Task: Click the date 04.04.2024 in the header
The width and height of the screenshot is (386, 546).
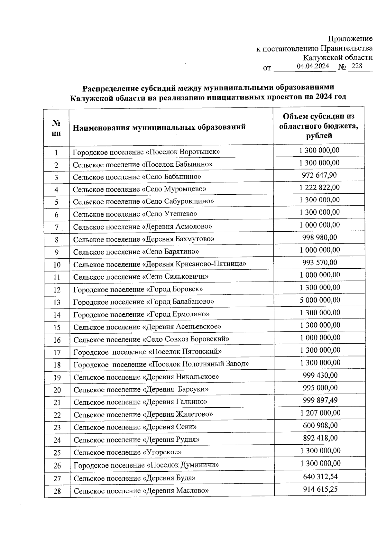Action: click(x=313, y=66)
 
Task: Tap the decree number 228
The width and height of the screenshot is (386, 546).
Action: click(x=357, y=66)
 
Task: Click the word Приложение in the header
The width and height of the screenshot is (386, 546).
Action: click(x=350, y=39)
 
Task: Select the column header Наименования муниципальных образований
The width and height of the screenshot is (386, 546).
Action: click(x=159, y=127)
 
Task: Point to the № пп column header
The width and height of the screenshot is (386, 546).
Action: click(x=56, y=128)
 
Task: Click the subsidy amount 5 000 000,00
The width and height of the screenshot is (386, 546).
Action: click(x=320, y=300)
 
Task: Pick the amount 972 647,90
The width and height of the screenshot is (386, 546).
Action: click(x=319, y=175)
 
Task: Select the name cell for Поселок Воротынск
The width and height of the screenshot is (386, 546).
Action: click(x=146, y=152)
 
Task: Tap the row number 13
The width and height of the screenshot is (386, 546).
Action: click(x=57, y=302)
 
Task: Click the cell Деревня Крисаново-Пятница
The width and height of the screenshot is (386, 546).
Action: click(x=160, y=264)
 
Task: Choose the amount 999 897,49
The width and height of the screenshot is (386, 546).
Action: click(x=320, y=401)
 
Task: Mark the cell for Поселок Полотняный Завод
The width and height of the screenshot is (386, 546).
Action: click(x=161, y=364)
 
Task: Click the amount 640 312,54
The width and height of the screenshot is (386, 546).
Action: click(x=320, y=477)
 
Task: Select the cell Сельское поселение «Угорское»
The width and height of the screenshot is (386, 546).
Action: click(x=127, y=452)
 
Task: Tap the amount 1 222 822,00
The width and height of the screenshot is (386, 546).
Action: click(x=319, y=188)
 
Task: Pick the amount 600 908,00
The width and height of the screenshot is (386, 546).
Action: click(x=320, y=426)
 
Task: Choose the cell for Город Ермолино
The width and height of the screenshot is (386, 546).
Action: click(x=142, y=314)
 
